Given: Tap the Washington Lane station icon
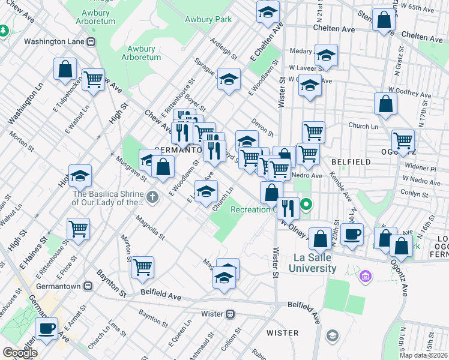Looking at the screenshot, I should tap(91, 42).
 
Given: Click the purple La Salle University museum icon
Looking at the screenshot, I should tap(365, 277).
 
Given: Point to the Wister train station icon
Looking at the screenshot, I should tap(229, 314).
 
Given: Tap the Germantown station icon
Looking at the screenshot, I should tap(88, 287).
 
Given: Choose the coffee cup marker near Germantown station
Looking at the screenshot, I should tap(47, 328).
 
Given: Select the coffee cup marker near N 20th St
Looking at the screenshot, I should tap(352, 233).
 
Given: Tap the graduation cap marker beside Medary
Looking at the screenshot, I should tap(326, 56).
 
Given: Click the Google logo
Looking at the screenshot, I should tap(20, 353).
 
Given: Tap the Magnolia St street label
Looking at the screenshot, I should tap(151, 226).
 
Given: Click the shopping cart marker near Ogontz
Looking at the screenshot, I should tap(403, 141).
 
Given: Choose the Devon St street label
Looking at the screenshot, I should tap(263, 127).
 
